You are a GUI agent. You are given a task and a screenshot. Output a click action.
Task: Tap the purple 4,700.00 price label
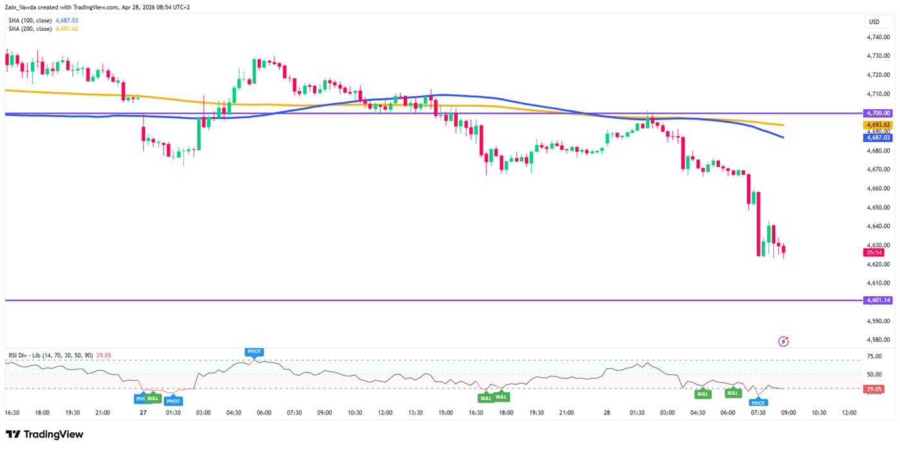(x=878, y=113)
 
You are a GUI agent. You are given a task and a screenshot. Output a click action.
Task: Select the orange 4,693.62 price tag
(x=878, y=125)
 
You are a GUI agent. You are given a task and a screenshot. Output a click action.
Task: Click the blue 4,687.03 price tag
(x=878, y=137)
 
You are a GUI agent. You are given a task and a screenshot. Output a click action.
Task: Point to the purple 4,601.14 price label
(x=878, y=300)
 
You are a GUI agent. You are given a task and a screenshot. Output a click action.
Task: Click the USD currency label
(x=874, y=22)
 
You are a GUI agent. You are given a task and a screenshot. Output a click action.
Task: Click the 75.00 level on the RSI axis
(x=874, y=357)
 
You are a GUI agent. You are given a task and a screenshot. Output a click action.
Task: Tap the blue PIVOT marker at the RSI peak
(x=254, y=351)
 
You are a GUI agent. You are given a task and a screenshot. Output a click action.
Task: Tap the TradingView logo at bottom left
(x=44, y=434)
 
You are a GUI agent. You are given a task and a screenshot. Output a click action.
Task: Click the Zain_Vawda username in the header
(x=23, y=7)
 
